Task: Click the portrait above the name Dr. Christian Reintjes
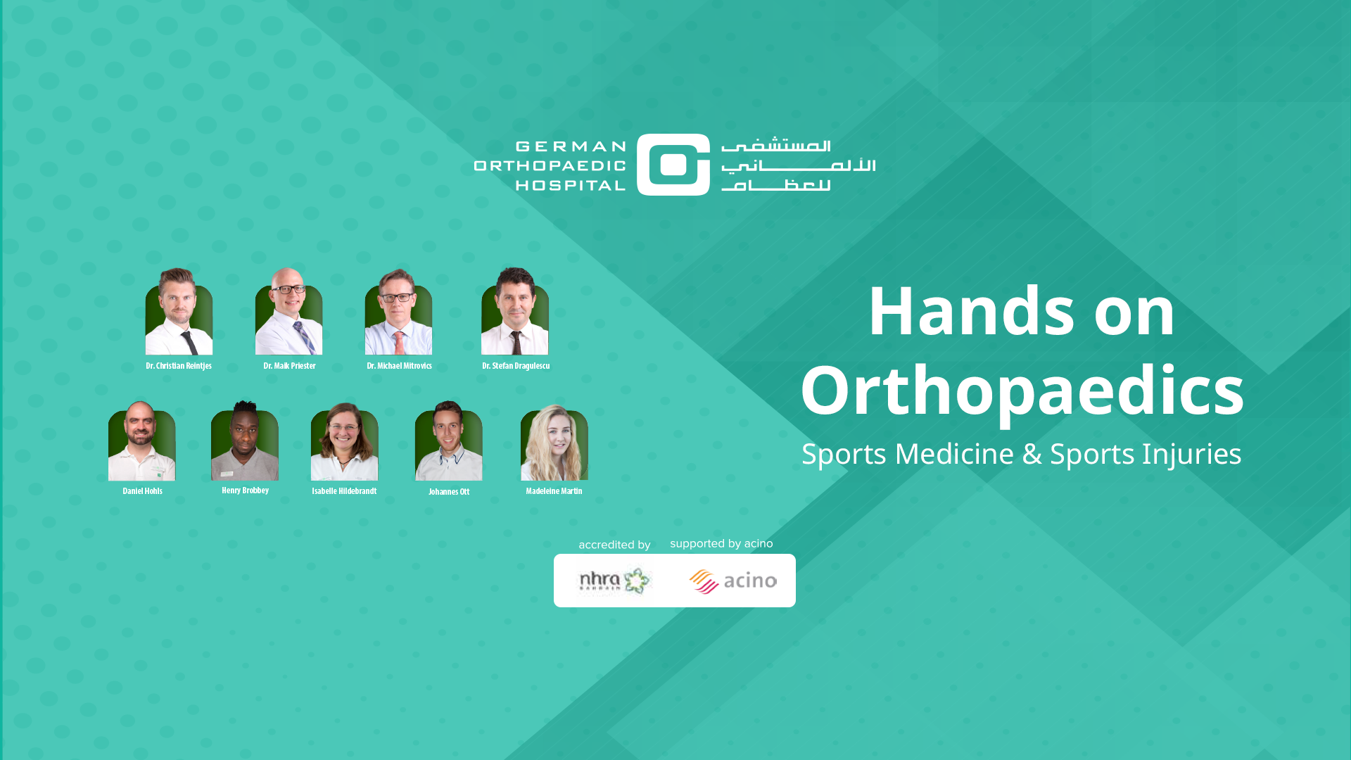coord(179,311)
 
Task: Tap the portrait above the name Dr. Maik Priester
coord(288,311)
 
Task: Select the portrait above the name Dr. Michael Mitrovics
coord(398,311)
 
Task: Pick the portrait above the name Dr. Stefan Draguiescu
coord(515,311)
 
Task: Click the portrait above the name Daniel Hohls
coord(142,441)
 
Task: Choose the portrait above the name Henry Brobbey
coord(245,441)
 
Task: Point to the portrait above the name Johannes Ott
coord(449,441)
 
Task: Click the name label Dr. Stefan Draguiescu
coord(516,366)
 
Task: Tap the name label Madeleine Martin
coord(554,491)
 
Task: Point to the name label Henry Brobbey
coord(245,490)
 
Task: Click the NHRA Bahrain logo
coord(614,581)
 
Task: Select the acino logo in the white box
coord(732,581)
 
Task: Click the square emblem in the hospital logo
coord(673,165)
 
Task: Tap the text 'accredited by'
coord(614,545)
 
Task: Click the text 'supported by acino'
coord(721,544)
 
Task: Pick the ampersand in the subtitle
coord(1032,454)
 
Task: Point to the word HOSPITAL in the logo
coord(571,185)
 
